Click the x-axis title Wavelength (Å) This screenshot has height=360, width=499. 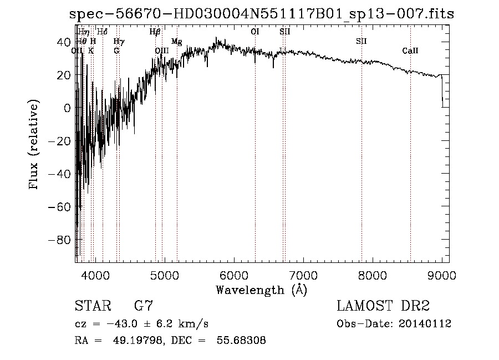(261, 290)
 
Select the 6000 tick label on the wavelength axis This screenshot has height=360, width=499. (234, 275)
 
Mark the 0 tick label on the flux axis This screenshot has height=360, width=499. (67, 108)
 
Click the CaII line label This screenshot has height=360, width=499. (410, 51)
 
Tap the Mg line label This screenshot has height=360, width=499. (176, 42)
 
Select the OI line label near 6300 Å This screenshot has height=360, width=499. (255, 32)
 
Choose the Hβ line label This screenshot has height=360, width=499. (155, 32)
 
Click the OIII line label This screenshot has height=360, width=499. (162, 51)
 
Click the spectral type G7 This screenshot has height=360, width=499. (144, 306)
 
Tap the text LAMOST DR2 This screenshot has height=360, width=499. (383, 306)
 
